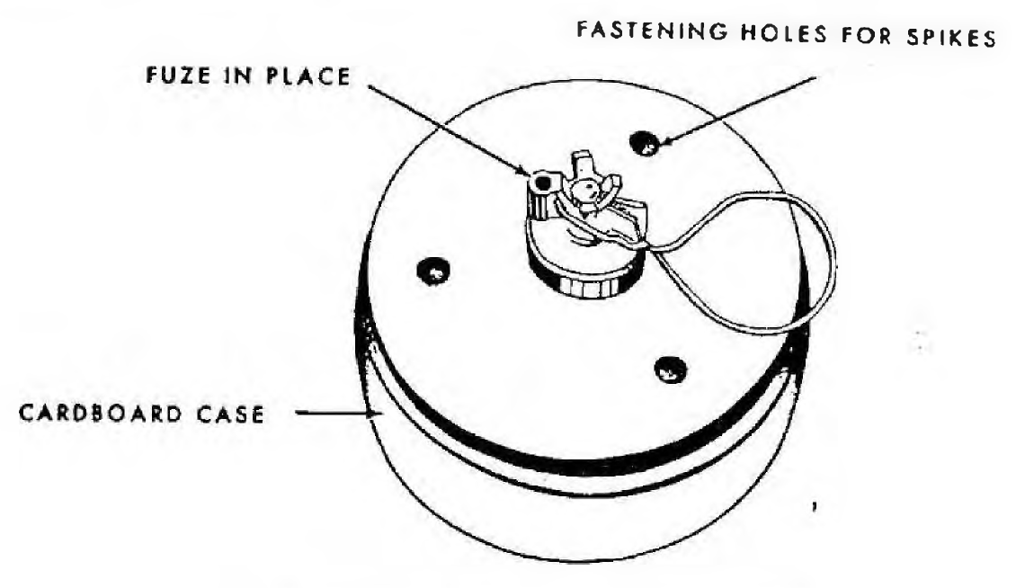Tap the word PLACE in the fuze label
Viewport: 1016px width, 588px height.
tap(308, 76)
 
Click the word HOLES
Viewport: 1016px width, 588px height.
tap(784, 33)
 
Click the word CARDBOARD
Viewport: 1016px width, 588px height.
tap(100, 413)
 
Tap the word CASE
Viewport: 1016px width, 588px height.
tap(231, 414)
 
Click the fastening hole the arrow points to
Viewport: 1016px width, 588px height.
tap(645, 143)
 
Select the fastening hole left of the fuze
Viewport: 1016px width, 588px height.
tap(432, 271)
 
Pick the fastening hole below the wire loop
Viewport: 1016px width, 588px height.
tap(670, 370)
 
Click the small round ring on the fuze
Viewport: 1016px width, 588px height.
tap(539, 182)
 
